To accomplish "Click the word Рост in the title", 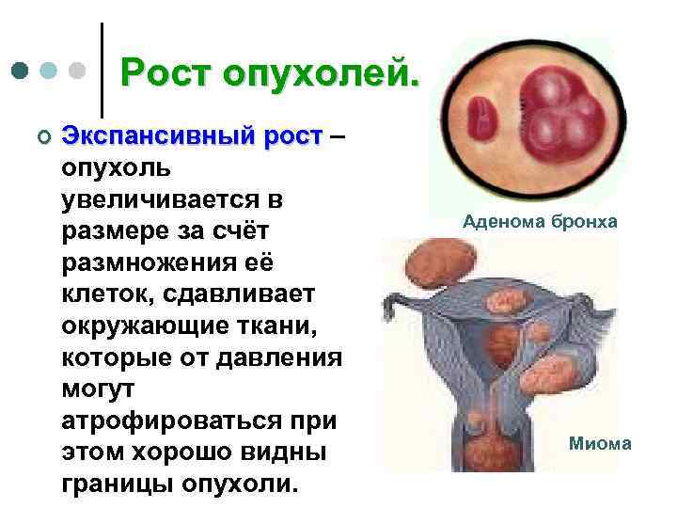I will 171,71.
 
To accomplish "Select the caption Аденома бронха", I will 540,222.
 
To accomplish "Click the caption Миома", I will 600,443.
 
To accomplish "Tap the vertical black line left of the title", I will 102,66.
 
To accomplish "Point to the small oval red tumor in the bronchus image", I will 482,115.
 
